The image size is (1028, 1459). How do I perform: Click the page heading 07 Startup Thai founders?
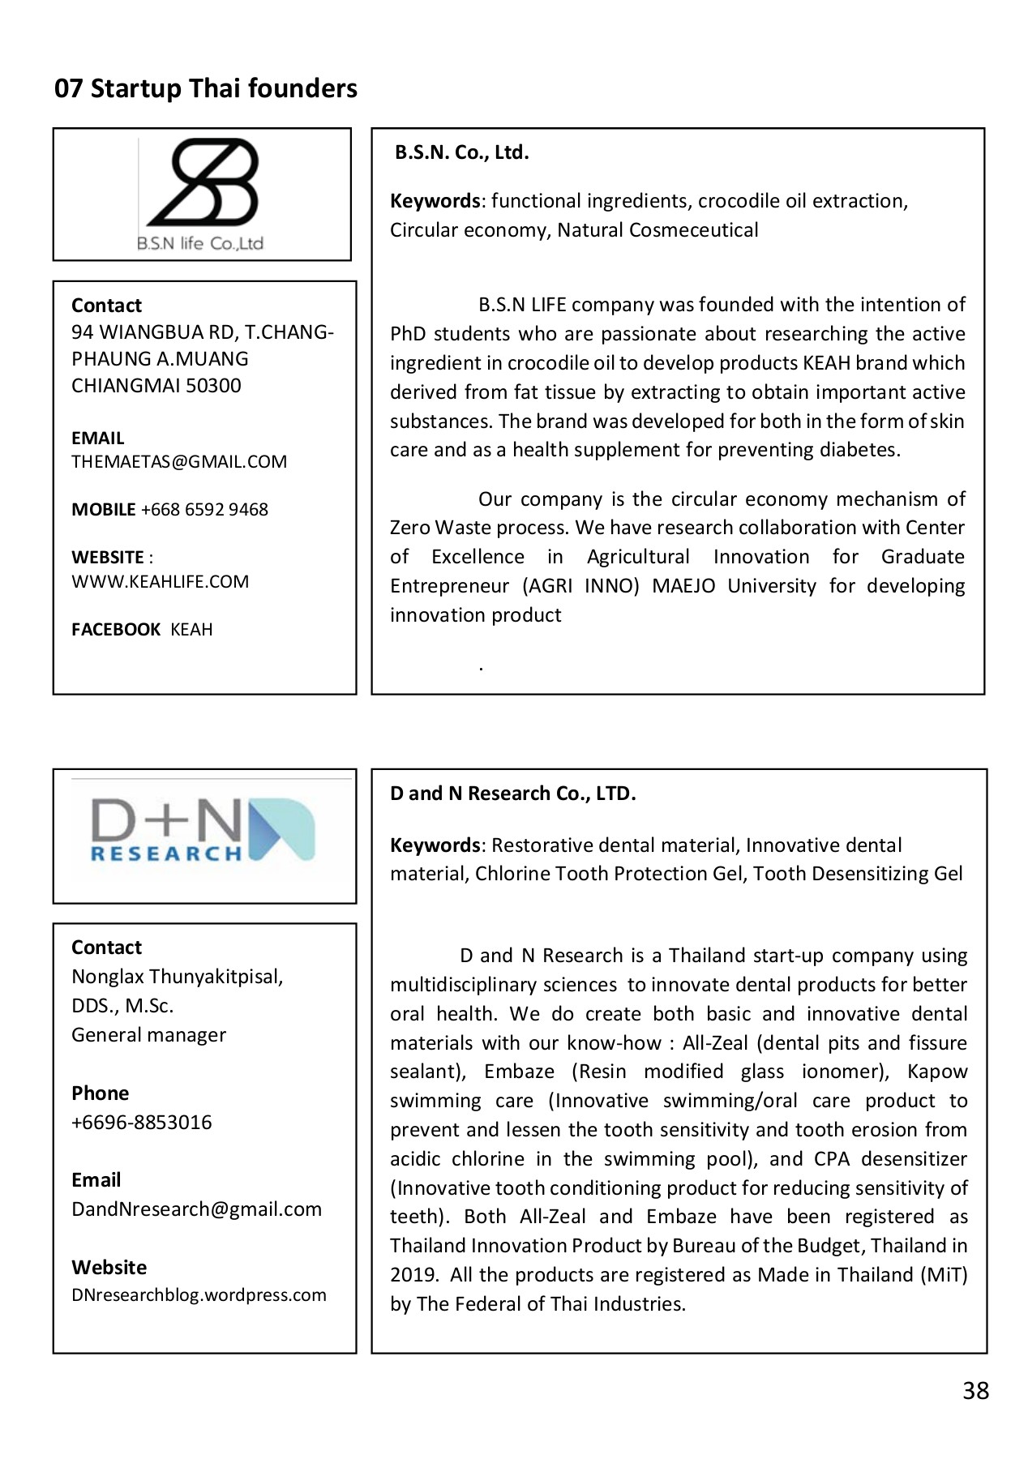point(205,88)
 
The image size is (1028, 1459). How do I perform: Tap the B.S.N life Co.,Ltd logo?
point(201,195)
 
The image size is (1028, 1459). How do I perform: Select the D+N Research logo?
point(203,831)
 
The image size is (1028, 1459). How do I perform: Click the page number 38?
point(975,1391)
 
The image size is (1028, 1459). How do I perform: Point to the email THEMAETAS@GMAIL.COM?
point(179,462)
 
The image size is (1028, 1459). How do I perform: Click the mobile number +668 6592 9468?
point(204,510)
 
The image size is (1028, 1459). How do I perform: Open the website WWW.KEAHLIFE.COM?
point(160,582)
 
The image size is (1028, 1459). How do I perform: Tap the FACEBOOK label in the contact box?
point(116,630)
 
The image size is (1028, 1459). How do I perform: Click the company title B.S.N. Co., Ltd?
point(461,152)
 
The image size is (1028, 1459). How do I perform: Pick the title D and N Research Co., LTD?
point(512,794)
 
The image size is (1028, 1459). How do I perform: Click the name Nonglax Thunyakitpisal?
point(177,977)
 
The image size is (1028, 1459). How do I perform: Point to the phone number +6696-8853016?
point(141,1123)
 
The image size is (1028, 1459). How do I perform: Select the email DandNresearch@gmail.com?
point(196,1209)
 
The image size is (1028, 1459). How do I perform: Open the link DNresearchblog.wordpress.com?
point(199,1295)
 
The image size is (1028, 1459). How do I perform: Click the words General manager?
point(148,1035)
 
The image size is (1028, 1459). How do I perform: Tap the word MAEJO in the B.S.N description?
point(683,586)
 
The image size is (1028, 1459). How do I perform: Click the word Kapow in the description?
point(937,1072)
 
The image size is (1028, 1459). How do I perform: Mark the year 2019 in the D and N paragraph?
point(413,1275)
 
